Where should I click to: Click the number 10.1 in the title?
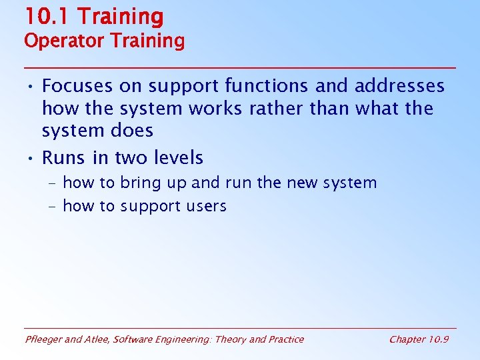pyautogui.click(x=45, y=16)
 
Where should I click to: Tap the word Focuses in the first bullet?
pyautogui.click(x=77, y=86)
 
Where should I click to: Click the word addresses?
pyautogui.click(x=399, y=86)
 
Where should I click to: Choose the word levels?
pyautogui.click(x=176, y=158)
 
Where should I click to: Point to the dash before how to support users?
pyautogui.click(x=52, y=207)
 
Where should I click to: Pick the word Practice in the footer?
pyautogui.click(x=286, y=339)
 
